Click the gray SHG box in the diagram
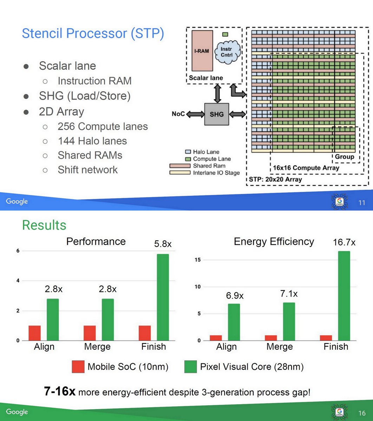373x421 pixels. click(217, 114)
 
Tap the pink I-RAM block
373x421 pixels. click(202, 51)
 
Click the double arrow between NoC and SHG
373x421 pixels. click(195, 114)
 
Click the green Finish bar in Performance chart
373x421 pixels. click(163, 297)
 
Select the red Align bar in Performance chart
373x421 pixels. click(34, 333)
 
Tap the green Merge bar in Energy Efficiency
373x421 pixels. click(289, 321)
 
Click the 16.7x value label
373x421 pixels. click(344, 242)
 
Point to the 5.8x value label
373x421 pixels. click(163, 244)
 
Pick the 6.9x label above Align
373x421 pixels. click(235, 296)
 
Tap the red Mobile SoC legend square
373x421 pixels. click(78, 367)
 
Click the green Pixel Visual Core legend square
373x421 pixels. click(190, 367)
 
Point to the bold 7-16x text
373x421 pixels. click(60, 391)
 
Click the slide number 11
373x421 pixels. click(362, 203)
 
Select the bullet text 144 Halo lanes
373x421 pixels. click(92, 141)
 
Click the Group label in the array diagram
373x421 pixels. click(345, 157)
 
